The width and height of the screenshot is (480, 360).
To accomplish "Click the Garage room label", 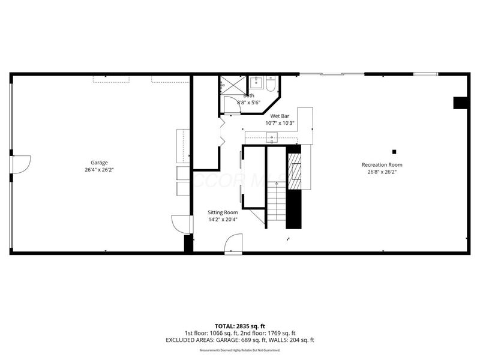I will (x=99, y=163).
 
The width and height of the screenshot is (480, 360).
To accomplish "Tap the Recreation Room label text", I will (x=382, y=164).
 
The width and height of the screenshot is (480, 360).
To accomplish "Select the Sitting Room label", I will (x=223, y=212).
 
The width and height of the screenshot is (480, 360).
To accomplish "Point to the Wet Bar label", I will (x=280, y=116).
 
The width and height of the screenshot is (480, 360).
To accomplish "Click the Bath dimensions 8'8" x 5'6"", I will (x=249, y=103).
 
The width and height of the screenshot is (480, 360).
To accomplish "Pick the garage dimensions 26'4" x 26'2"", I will (x=99, y=170).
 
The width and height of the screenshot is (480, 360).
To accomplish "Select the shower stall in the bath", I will (x=228, y=85).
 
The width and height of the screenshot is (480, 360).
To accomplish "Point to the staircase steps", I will (x=276, y=204).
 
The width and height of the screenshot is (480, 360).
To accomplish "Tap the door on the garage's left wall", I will (x=19, y=164).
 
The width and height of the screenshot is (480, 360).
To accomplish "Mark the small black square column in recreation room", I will (x=394, y=151).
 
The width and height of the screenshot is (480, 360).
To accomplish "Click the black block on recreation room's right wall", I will (x=460, y=103).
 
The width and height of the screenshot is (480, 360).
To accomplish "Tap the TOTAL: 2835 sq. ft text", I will (x=239, y=326).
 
